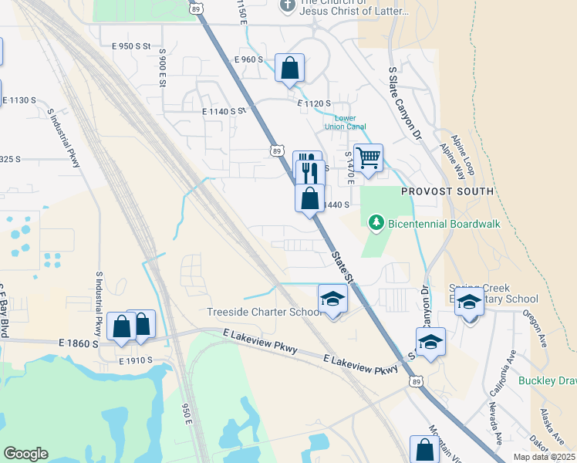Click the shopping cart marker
(369, 158)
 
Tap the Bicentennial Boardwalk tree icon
(376, 224)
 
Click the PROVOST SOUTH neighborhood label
(447, 191)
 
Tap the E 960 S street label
(248, 59)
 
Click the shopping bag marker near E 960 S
(289, 68)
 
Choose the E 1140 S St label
(224, 112)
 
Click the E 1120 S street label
(314, 103)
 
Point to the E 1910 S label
(137, 360)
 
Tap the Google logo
(25, 454)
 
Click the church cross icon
(287, 5)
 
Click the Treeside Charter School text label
(264, 313)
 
